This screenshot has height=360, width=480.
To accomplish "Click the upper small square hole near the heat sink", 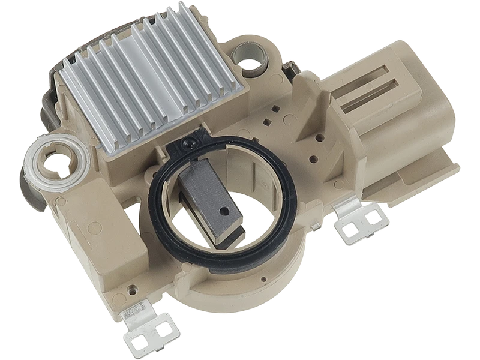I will tap(273, 109).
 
